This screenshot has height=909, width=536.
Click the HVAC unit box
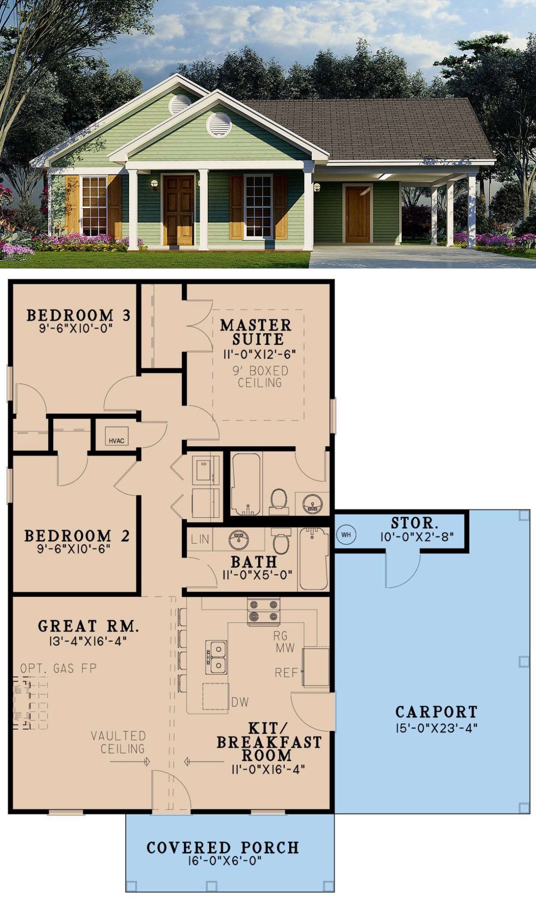[x=117, y=436]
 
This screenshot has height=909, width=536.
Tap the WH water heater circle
[x=346, y=534]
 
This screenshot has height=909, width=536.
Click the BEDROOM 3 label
[x=79, y=315]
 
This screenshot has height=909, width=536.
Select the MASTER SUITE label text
[x=255, y=332]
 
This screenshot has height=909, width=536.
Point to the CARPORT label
[x=436, y=711]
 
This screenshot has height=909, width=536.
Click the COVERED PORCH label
[x=223, y=848]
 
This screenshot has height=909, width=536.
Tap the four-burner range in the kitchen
[x=264, y=611]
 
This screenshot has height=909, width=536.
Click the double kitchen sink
[x=216, y=658]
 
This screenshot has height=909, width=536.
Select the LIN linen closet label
[x=200, y=539]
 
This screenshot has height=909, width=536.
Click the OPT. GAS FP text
[x=58, y=668]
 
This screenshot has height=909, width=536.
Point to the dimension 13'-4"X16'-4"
[x=88, y=641]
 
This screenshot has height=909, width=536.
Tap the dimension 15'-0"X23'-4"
[x=436, y=728]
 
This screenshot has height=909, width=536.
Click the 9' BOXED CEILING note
[x=260, y=377]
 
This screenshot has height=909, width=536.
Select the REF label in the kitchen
[x=286, y=672]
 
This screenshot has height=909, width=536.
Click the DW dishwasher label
[x=240, y=702]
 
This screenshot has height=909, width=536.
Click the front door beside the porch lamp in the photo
[x=179, y=210]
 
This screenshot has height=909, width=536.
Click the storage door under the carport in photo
[x=358, y=214]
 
